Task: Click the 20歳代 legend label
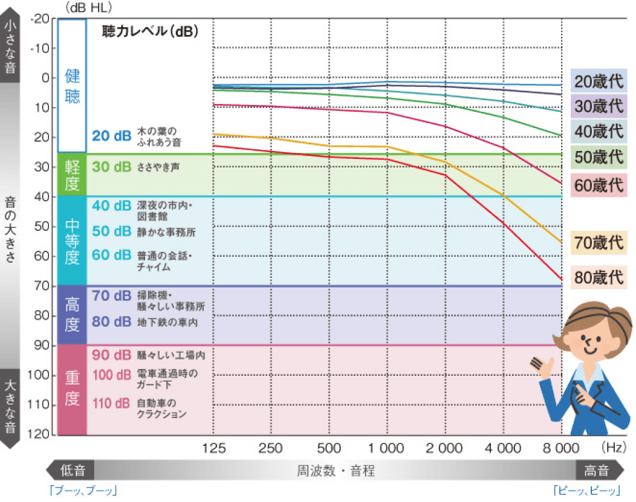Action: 599,80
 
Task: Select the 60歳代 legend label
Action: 599,185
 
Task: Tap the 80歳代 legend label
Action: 599,277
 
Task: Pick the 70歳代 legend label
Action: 599,243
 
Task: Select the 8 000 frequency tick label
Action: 560,448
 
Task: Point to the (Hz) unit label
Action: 613,448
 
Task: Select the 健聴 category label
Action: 72,86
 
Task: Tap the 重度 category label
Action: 72,390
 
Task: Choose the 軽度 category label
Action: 72,175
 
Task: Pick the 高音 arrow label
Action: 595,470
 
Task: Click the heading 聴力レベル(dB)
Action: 150,31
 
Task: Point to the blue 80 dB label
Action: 111,322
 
